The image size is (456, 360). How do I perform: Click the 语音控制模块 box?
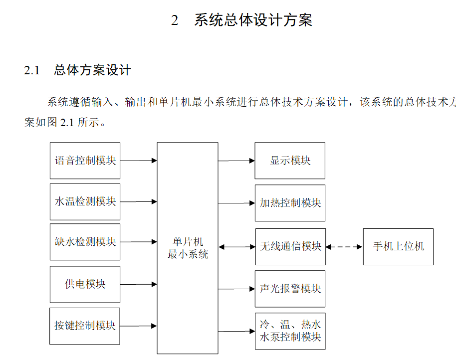(x=85, y=161)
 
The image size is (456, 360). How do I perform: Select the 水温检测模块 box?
(x=85, y=201)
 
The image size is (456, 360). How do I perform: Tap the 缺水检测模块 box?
(x=85, y=242)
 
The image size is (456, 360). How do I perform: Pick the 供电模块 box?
(x=85, y=284)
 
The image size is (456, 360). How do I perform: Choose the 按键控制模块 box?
(x=85, y=326)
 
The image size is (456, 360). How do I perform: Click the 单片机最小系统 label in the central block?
(x=188, y=248)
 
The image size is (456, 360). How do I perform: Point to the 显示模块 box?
(x=290, y=161)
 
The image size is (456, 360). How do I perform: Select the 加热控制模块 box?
(x=290, y=203)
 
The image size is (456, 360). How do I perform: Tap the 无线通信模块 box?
(x=290, y=246)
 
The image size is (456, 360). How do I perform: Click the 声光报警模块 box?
(x=290, y=289)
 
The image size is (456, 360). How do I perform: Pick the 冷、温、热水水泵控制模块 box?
(x=290, y=331)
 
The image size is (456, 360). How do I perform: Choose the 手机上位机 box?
(x=398, y=246)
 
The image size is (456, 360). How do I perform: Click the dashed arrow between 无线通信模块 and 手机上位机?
(x=344, y=246)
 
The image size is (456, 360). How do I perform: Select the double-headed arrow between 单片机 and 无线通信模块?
(x=236, y=247)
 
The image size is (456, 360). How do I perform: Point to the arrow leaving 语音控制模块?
(x=139, y=161)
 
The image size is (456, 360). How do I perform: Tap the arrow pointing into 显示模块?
(x=236, y=161)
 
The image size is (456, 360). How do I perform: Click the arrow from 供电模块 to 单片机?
(x=139, y=284)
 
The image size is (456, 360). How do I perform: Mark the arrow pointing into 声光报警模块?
(x=236, y=289)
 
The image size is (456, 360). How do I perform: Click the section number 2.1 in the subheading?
(x=32, y=70)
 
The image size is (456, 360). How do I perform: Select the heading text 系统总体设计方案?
(x=253, y=20)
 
